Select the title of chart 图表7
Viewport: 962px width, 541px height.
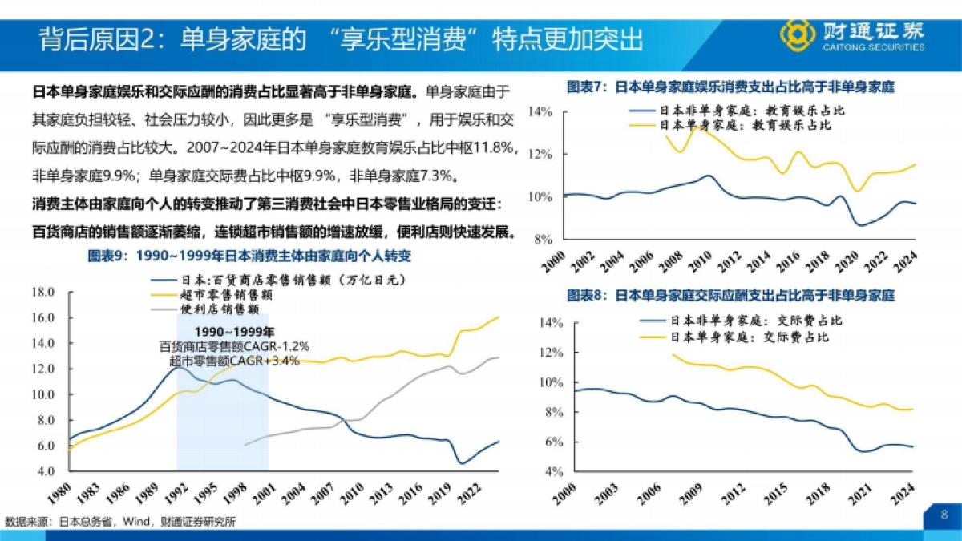pos(730,87)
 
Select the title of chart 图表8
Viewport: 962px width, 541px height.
pos(730,295)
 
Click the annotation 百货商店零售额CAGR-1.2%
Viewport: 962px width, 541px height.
pos(235,346)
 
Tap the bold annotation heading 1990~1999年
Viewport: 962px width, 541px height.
pos(235,332)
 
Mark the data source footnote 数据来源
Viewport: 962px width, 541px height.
pos(120,522)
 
